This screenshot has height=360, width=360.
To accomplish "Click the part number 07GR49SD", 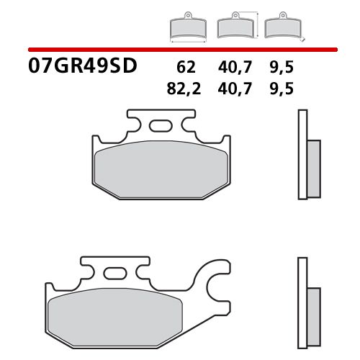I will click(82, 68).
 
